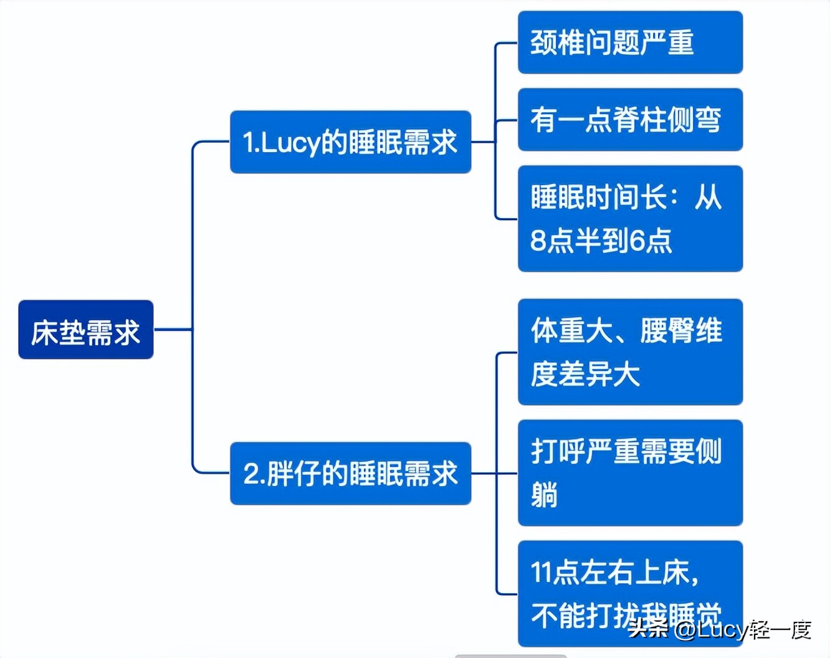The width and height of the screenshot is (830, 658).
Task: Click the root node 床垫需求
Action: pyautogui.click(x=86, y=330)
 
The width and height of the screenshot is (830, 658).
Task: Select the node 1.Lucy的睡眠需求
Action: pyautogui.click(x=350, y=142)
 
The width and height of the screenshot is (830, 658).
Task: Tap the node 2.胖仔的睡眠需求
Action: pyautogui.click(x=350, y=474)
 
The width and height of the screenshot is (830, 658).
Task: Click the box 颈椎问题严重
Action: pyautogui.click(x=630, y=42)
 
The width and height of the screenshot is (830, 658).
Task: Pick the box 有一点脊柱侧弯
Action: pyautogui.click(x=630, y=120)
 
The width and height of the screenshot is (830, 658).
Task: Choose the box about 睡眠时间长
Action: pyautogui.click(x=630, y=219)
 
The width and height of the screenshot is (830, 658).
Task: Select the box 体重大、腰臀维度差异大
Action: pyautogui.click(x=630, y=352)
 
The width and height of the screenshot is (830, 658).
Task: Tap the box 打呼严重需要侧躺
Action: pyautogui.click(x=630, y=473)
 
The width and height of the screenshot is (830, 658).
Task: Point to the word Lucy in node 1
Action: pyautogui.click(x=290, y=143)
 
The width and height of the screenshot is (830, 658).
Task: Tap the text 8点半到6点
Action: pyautogui.click(x=601, y=241)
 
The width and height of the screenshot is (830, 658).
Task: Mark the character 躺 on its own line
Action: pyautogui.click(x=544, y=495)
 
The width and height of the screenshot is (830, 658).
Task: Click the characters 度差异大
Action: pyautogui.click(x=585, y=374)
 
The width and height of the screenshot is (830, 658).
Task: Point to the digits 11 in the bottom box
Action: pyautogui.click(x=541, y=573)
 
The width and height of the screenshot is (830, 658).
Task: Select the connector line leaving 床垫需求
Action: pyautogui.click(x=172, y=329)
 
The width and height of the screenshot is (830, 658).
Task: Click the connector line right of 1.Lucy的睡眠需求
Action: pyautogui.click(x=483, y=141)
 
